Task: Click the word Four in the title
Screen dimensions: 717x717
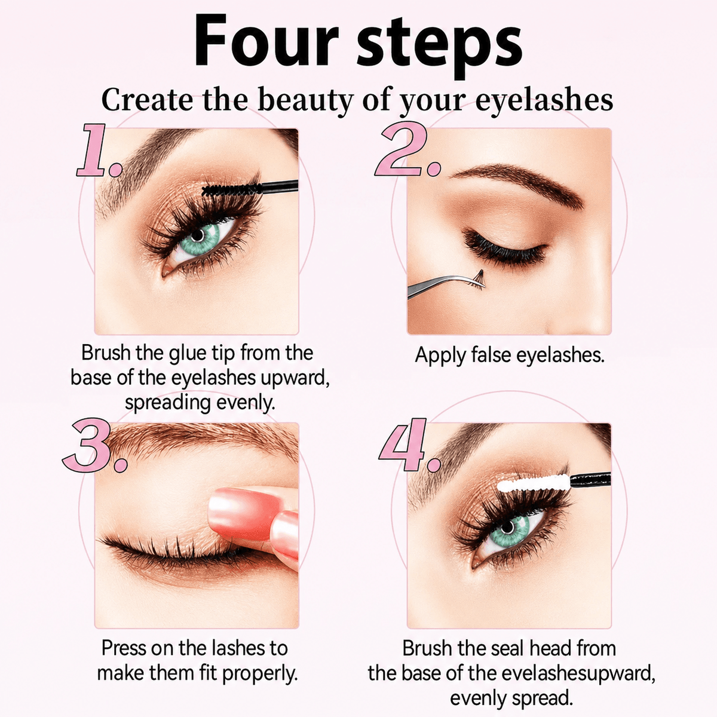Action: point(266,42)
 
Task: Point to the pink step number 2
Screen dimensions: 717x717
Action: point(407,151)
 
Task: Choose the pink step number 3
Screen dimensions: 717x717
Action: point(94,445)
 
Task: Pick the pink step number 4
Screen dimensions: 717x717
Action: point(409,445)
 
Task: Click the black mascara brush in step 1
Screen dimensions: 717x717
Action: point(249,189)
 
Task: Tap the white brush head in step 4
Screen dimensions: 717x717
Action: point(533,483)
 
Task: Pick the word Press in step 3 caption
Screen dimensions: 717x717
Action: point(124,648)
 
